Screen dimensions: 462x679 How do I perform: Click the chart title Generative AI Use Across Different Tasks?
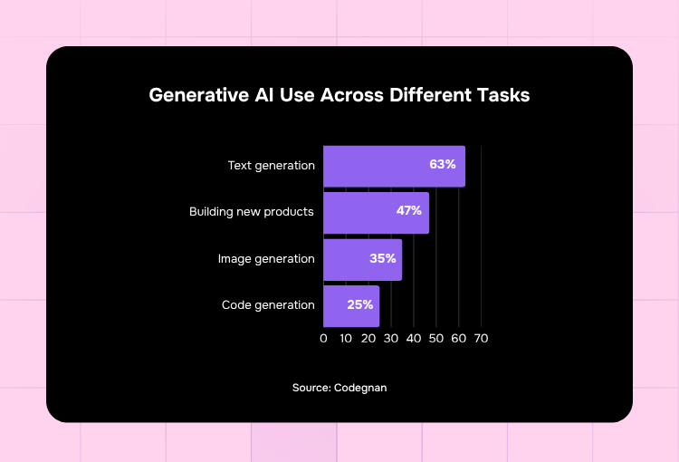pos(339,95)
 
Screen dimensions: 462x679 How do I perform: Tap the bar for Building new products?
pos(362,212)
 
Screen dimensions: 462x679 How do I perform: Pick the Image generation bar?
pos(349,259)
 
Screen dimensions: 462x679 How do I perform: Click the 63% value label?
pos(442,165)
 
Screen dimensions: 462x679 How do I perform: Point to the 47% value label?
pos(408,211)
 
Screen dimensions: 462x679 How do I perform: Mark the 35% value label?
pos(382,258)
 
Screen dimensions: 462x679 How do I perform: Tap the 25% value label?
pos(359,305)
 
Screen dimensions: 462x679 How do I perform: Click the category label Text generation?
pos(272,166)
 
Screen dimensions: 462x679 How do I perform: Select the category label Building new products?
pos(252,212)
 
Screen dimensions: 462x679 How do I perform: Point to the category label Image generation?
pos(266,259)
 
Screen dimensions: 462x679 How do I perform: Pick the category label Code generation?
pos(268,305)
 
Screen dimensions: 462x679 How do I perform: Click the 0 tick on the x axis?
pos(323,338)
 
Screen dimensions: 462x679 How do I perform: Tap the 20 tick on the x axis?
pos(368,338)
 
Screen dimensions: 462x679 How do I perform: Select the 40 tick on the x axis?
pos(414,338)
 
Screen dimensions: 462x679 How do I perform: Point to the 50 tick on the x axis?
pos(436,338)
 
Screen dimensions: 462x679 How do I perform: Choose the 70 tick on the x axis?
pos(481,338)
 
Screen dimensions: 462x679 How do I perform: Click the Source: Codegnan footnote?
pos(339,388)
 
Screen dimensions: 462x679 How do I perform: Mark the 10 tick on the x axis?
pos(346,338)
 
